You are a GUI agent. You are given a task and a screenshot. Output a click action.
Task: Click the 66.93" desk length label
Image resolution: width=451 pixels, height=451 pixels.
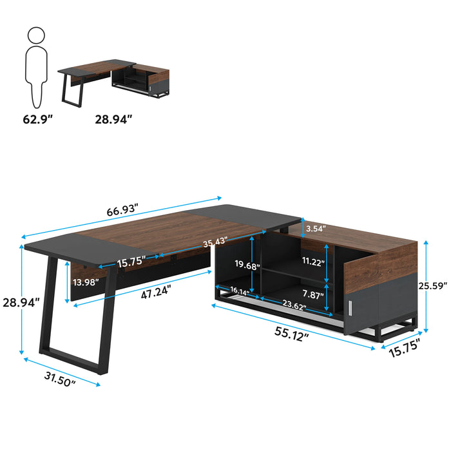click(x=122, y=210)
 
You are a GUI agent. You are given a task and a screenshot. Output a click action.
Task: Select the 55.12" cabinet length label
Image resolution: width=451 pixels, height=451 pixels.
click(x=292, y=334)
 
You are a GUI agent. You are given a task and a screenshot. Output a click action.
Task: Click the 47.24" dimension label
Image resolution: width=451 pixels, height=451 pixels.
click(x=156, y=292)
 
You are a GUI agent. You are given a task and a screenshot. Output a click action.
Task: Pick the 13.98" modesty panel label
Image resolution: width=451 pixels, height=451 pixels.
click(x=86, y=282)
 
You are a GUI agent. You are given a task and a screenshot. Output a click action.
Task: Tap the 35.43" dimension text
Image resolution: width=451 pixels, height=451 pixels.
click(x=215, y=242)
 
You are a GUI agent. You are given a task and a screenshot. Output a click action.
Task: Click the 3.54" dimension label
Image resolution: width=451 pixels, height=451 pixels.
click(x=316, y=229)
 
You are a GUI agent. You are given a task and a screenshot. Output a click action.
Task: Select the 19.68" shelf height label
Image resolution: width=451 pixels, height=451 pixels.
click(x=247, y=265)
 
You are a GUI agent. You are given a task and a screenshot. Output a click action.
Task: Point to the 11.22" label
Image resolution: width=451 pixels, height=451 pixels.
click(x=314, y=261)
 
